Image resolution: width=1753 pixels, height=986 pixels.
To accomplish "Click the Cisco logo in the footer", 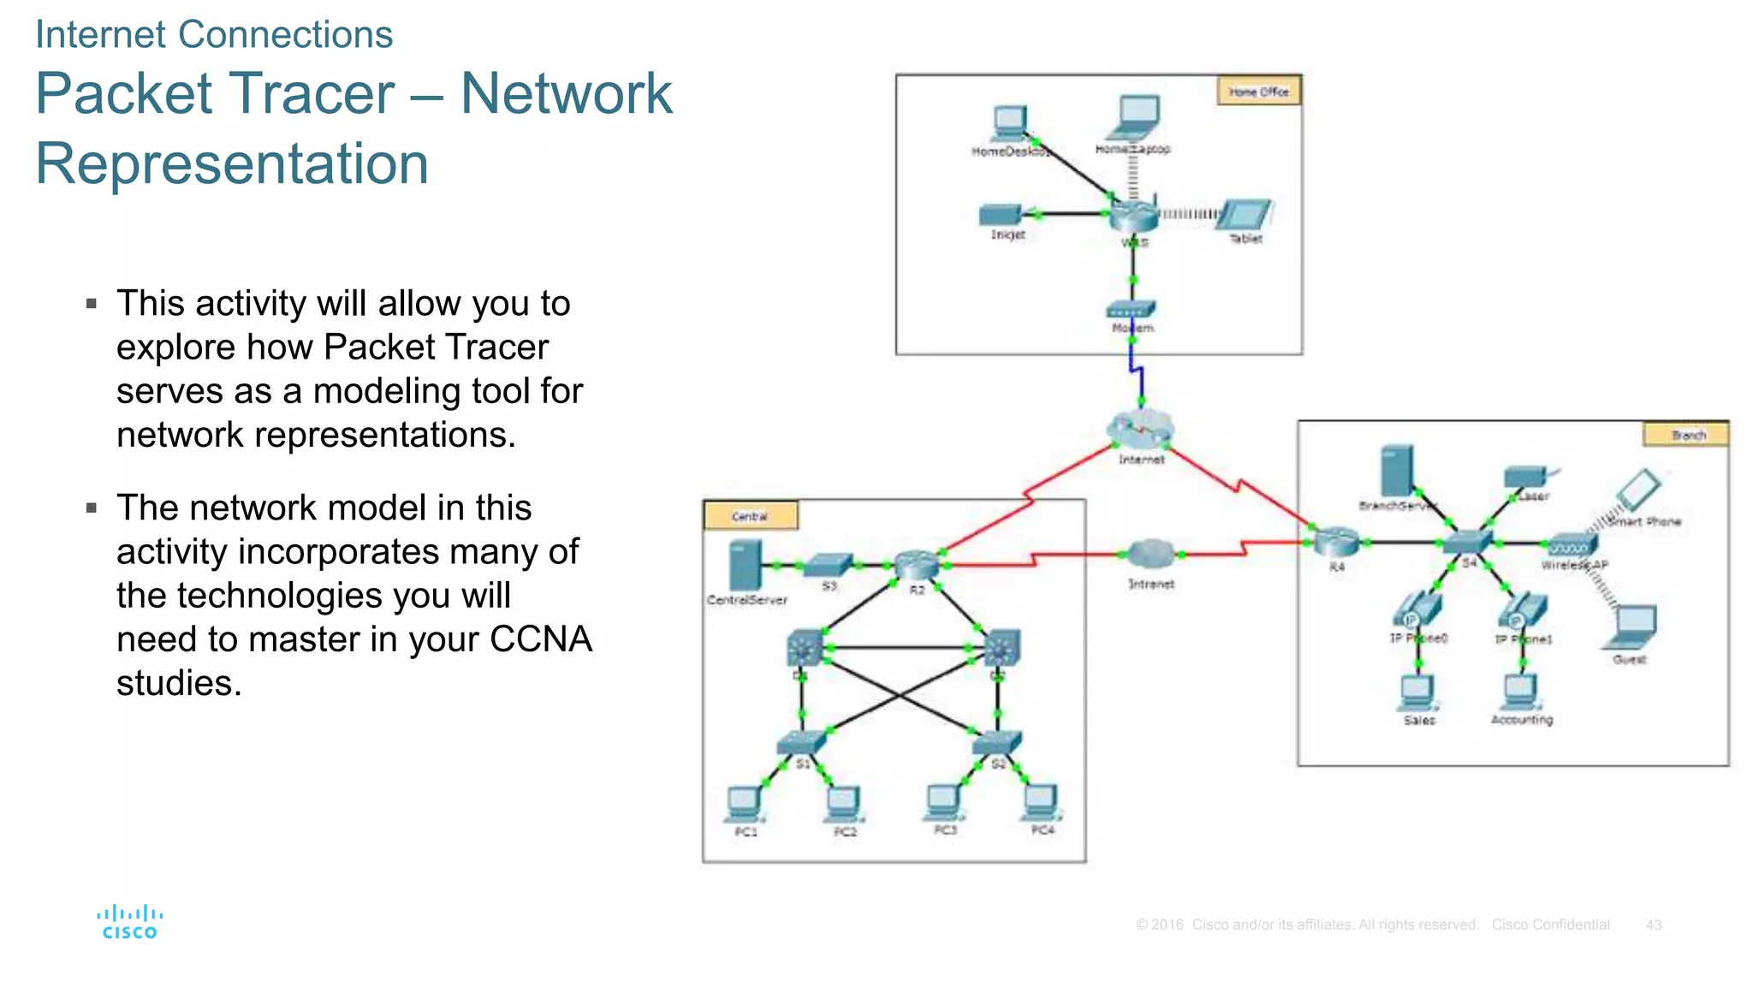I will click(129, 922).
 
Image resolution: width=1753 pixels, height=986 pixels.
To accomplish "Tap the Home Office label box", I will click(1258, 91).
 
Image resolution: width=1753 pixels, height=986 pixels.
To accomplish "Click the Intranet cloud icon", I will click(1151, 555).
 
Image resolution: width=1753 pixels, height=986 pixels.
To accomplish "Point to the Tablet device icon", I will click(1245, 215).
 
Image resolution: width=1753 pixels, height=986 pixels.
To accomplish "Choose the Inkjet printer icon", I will click(1001, 214).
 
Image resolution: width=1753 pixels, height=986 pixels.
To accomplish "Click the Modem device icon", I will click(1131, 309).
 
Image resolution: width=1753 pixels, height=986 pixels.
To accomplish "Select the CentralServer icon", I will click(745, 565).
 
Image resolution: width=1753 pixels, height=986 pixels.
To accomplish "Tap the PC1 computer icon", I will click(744, 804).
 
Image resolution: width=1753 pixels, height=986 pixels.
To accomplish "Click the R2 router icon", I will click(916, 564).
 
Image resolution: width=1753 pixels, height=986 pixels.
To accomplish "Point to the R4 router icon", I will click(1336, 542).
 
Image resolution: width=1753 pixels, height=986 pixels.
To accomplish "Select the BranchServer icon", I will click(1397, 471).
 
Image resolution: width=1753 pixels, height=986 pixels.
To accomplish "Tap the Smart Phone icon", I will click(1638, 490).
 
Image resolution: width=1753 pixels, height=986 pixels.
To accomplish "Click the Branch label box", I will click(1686, 435).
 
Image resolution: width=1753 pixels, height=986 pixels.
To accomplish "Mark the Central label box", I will click(751, 516).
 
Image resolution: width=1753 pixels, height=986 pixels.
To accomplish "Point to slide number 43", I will click(1653, 925).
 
